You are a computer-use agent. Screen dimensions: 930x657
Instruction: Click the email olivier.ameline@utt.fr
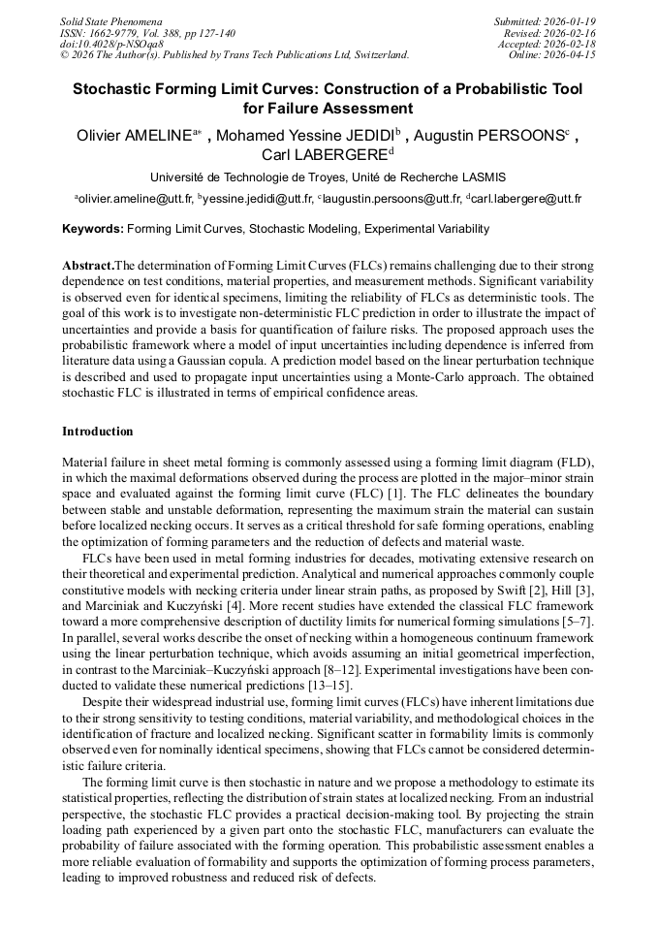pos(135,199)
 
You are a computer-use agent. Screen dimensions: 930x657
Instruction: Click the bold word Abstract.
pos(87,266)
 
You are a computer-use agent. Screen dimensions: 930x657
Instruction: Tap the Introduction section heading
pos(97,432)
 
